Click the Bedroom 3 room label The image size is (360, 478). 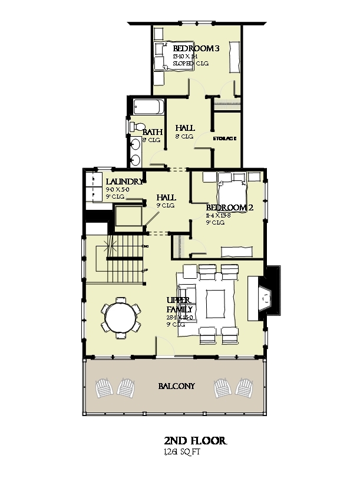click(196, 48)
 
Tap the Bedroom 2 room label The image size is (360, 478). click(224, 208)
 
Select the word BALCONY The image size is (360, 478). click(177, 386)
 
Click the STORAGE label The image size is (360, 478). click(224, 139)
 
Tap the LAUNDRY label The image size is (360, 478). click(124, 182)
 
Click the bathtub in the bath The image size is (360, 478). click(148, 108)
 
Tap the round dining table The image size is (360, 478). click(120, 319)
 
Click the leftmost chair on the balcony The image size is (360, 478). click(107, 387)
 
